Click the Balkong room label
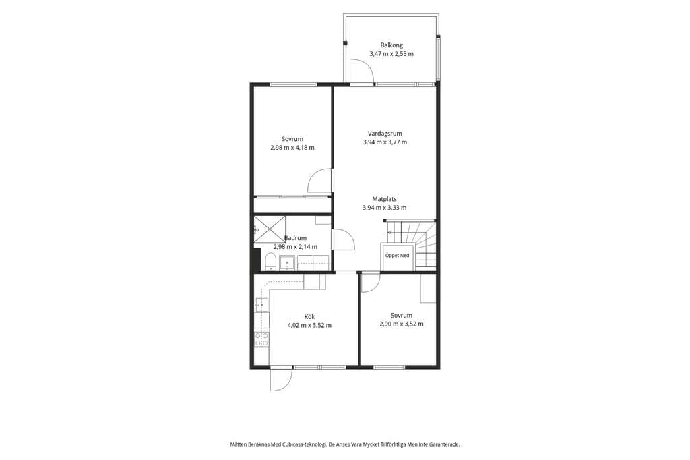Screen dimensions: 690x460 click(x=391, y=45)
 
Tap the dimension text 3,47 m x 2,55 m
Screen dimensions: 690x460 click(x=391, y=54)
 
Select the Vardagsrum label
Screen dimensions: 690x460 click(x=385, y=134)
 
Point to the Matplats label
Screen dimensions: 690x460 click(x=384, y=199)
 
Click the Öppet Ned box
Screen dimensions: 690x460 click(x=397, y=256)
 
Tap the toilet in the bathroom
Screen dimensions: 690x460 click(x=270, y=262)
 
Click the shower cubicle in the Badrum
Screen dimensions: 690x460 click(x=270, y=229)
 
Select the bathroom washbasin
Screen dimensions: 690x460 click(x=287, y=262)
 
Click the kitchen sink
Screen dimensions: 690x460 click(x=261, y=304)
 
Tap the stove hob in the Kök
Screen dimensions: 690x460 click(x=262, y=339)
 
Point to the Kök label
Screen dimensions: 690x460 click(x=309, y=317)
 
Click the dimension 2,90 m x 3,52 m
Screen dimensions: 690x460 click(x=402, y=324)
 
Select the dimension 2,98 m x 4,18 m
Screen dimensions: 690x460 click(x=292, y=148)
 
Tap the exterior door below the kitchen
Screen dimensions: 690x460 click(x=281, y=379)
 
